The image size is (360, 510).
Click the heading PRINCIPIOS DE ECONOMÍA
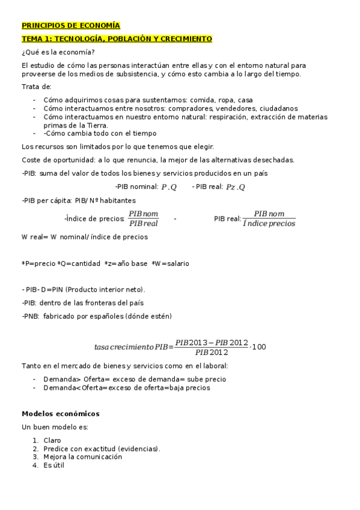pyautogui.click(x=71, y=26)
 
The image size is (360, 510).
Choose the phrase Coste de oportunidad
pyautogui.click(x=53, y=160)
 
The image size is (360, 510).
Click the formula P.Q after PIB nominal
pyautogui.click(x=169, y=187)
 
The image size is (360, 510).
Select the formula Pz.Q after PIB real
pyautogui.click(x=235, y=187)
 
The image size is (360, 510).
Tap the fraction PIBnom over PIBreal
pyautogui.click(x=143, y=218)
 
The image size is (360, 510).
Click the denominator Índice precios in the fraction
pyautogui.click(x=269, y=224)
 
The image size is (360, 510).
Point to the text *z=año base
pyautogui.click(x=124, y=263)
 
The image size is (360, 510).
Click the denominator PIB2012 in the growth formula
pyautogui.click(x=211, y=352)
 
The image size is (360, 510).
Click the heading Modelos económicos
pyautogui.click(x=61, y=414)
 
